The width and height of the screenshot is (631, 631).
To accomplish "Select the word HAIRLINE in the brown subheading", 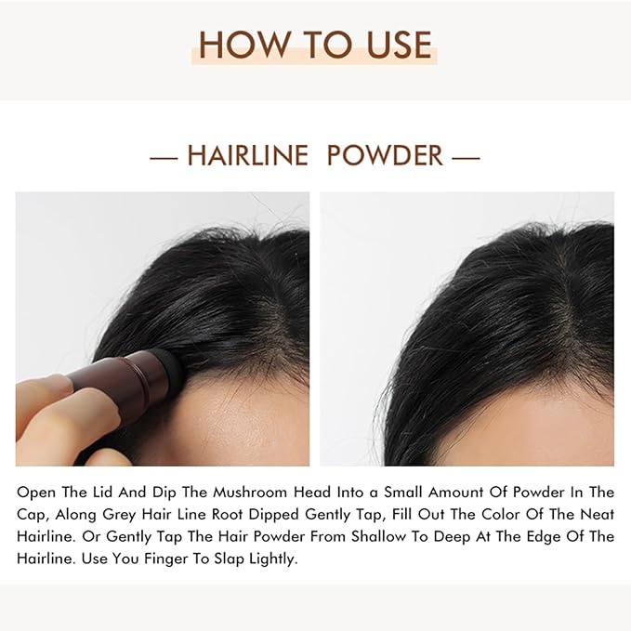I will tap(247, 155).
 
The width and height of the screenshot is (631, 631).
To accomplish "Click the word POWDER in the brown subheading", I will tap(385, 155).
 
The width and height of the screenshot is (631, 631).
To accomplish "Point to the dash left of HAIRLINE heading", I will tap(164, 156).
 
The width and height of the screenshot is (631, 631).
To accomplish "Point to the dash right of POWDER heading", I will tap(466, 156).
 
